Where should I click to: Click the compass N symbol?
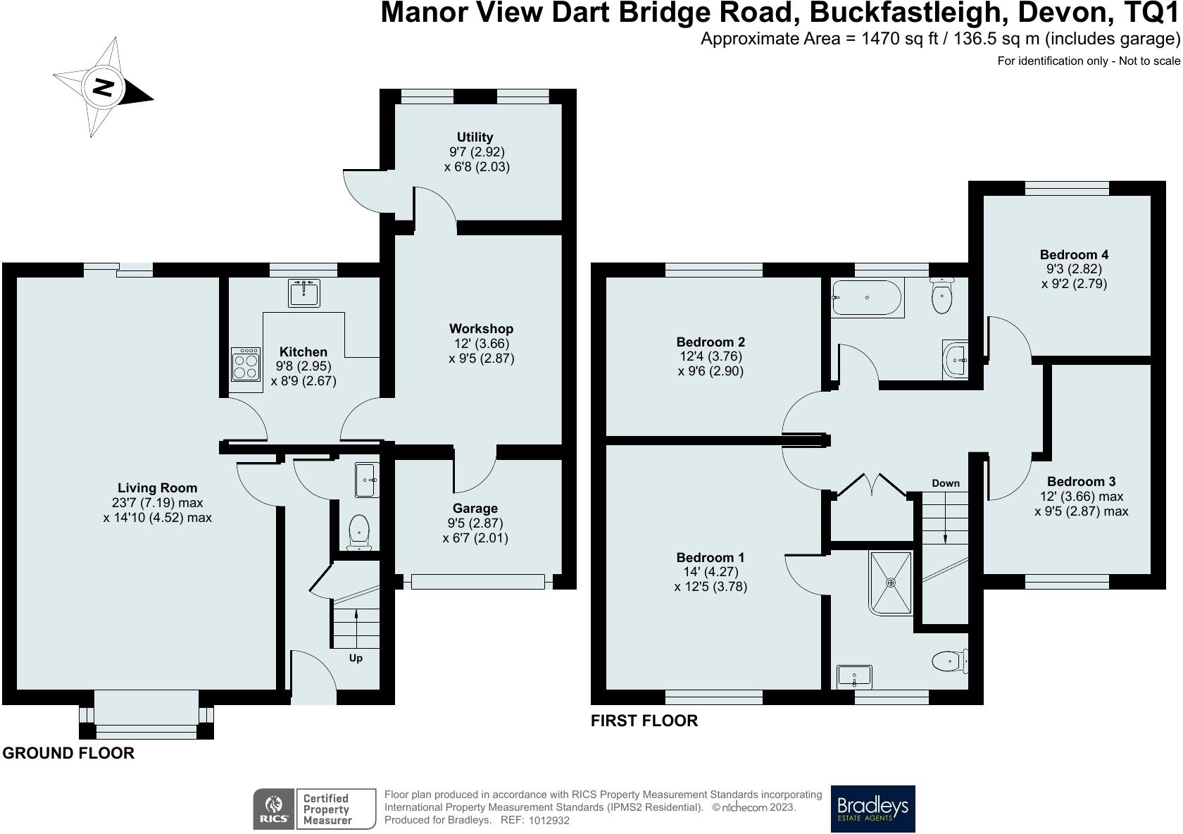[104, 87]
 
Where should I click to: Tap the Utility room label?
[475, 137]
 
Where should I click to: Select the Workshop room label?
[481, 328]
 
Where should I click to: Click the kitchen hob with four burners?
[246, 364]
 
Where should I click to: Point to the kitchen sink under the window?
[303, 293]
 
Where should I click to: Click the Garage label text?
[475, 508]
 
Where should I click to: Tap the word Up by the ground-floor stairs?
[356, 658]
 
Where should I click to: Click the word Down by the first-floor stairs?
[945, 483]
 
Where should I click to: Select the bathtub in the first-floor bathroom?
[867, 298]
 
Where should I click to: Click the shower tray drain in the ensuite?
[891, 583]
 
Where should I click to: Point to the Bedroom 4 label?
[1075, 254]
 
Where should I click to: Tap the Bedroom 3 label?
[1081, 482]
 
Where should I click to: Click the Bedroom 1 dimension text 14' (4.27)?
[711, 572]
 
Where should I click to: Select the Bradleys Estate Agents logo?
[872, 809]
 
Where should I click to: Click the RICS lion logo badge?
[273, 809]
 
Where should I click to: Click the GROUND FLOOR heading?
[69, 753]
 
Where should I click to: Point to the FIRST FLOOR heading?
[644, 721]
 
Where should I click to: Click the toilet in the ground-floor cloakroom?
[360, 533]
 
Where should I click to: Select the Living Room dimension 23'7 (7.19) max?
[158, 503]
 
